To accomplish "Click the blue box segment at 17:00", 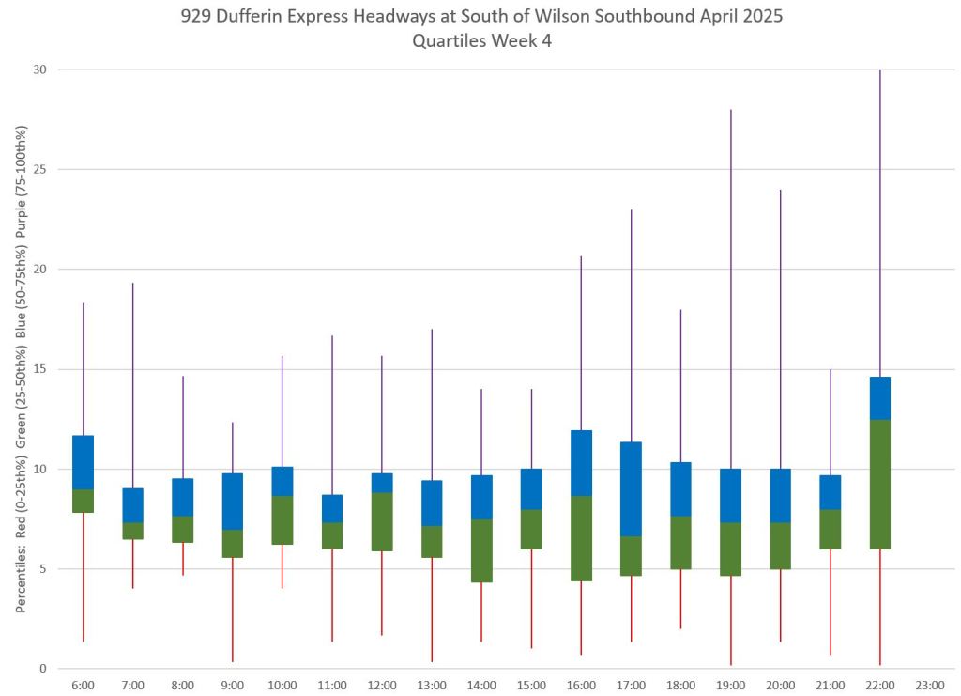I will pos(631,488).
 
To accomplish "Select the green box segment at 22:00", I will pos(879,484).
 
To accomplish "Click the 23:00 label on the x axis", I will pos(929,686).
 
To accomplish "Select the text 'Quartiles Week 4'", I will pos(480,41).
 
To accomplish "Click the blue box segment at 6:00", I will pos(83,462).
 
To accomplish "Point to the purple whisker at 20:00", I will pos(780,329).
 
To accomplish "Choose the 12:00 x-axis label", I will pos(381,686).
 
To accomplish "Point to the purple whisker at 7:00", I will pos(132,385).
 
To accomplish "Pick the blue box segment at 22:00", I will pos(879,398).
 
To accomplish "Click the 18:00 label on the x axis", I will pos(680,686).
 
